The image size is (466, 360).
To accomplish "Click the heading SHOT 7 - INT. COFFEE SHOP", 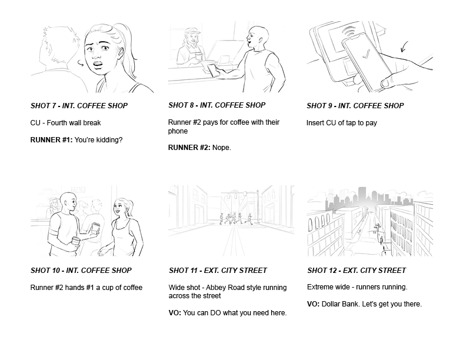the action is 79,106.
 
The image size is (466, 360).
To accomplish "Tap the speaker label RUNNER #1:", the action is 51,140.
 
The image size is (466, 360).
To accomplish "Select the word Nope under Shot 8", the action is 221,148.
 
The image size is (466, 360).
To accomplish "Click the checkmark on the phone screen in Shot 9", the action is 367,54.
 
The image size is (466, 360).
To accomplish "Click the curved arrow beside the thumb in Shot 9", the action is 404,46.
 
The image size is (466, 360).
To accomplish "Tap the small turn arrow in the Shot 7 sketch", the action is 81,63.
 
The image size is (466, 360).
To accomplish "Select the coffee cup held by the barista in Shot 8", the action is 198,56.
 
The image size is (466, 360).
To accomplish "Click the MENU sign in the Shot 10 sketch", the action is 78,190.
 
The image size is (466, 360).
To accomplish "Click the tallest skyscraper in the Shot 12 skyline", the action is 362,196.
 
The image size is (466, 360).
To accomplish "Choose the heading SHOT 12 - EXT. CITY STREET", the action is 357,271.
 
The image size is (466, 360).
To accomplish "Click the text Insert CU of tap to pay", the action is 342,123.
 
